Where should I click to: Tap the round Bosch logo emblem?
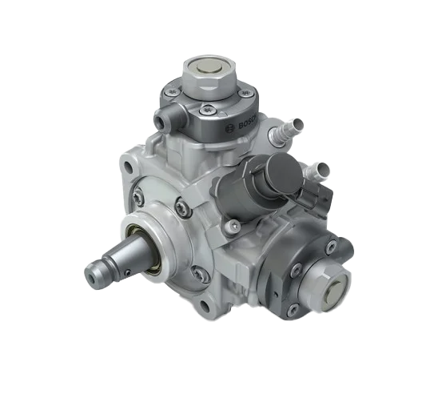click(x=231, y=129)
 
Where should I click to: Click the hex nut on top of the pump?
click(x=209, y=74)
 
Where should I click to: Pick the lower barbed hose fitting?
click(x=317, y=171)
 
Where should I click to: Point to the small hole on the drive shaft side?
click(x=128, y=271)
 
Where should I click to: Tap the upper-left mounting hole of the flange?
click(x=128, y=167)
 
